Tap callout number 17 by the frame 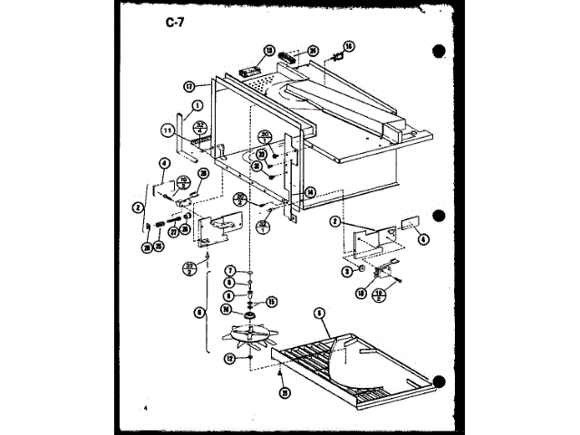189,87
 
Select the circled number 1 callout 195,105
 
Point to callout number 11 168,130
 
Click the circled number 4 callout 164,163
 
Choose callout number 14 310,191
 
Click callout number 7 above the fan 231,270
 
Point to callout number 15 271,301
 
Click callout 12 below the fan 229,360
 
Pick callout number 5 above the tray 319,314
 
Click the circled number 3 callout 346,270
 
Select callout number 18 361,293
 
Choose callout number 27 172,231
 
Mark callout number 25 159,246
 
